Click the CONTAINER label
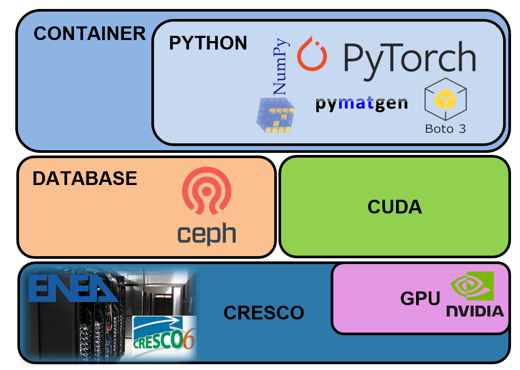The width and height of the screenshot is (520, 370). pos(89,34)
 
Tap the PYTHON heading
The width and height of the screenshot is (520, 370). pos(208,43)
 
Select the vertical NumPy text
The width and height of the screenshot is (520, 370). pos(281,66)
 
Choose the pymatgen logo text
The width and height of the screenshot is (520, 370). pos(361,103)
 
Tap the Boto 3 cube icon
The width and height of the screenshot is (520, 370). pos(446,99)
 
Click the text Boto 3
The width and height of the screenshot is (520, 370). pos(446,128)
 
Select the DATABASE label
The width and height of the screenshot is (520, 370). pos(84,179)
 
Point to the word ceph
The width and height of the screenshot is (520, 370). pos(206,233)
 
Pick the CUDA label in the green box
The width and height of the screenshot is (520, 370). pos(394,207)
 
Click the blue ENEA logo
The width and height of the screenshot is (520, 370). pos(72,289)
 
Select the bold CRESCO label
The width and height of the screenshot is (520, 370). pos(264,313)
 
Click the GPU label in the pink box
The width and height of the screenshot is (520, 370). pos(420,299)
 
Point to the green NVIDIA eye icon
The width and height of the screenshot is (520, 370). pos(472,286)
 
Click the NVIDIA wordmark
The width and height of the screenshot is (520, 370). pos(475,310)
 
